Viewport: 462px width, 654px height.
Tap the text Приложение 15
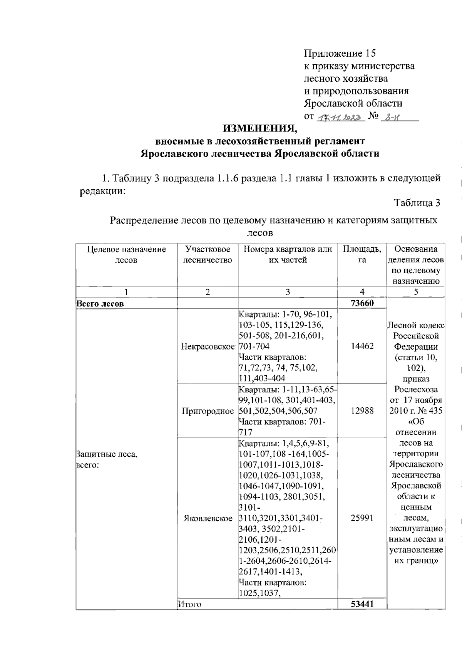[340, 53]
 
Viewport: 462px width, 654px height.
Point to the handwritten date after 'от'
[340, 117]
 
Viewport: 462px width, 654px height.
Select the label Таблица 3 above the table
[417, 203]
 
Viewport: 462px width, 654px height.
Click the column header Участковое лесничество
[208, 255]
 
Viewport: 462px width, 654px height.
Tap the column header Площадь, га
[362, 255]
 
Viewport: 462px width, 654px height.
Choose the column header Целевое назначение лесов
[126, 255]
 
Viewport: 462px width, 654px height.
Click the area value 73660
[362, 303]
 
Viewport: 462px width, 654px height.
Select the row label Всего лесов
[100, 304]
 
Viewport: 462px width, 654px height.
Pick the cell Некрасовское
[208, 346]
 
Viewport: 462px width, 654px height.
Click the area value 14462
[362, 346]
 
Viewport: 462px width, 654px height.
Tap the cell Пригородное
[208, 411]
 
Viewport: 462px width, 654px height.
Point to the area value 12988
[362, 411]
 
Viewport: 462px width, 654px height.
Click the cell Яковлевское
[208, 518]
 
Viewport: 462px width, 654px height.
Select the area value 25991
[362, 518]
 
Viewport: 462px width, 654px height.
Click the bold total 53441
[362, 604]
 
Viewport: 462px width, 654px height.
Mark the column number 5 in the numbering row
[416, 292]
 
